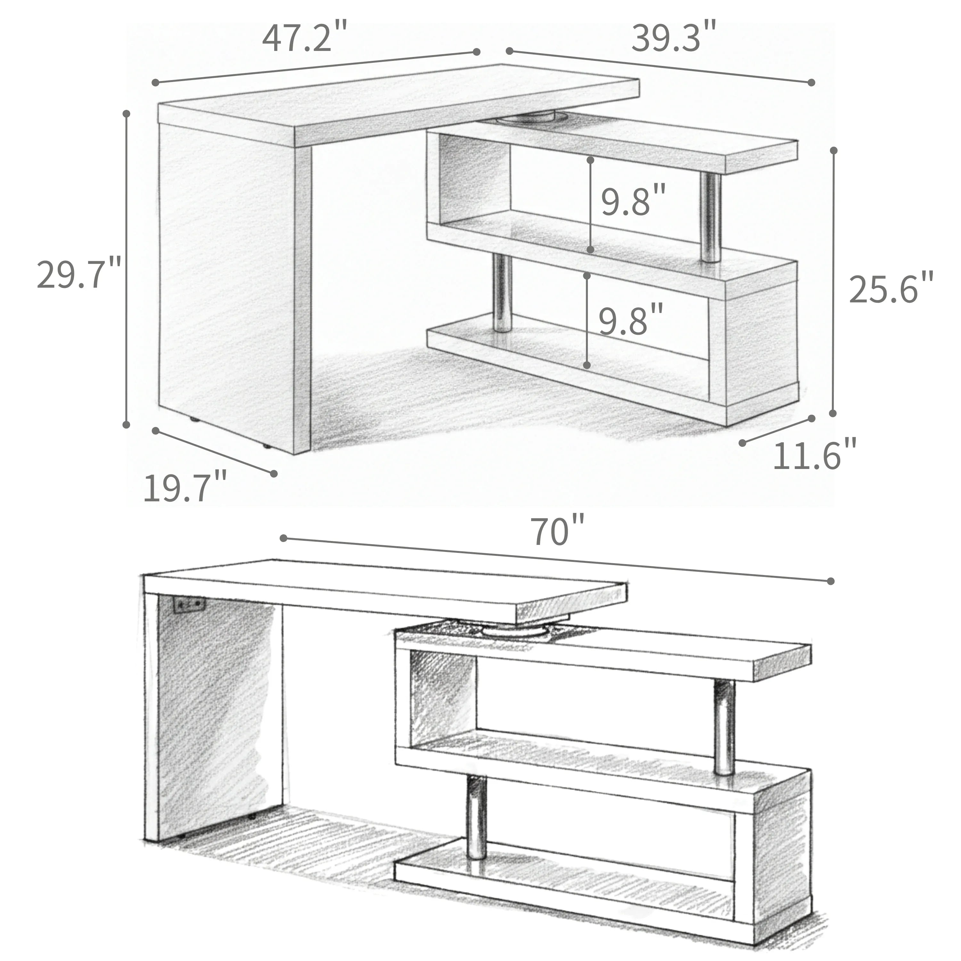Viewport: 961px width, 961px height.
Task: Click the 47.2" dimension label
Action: [x=304, y=38]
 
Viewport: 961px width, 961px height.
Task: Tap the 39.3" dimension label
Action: [x=674, y=37]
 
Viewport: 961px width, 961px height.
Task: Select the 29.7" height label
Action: [x=78, y=275]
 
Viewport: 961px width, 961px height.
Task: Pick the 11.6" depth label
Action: [x=815, y=455]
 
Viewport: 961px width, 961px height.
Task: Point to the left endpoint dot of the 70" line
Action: [x=283, y=538]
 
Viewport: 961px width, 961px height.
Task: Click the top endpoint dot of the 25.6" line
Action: [x=834, y=150]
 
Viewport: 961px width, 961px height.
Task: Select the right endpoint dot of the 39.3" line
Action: [x=811, y=83]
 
